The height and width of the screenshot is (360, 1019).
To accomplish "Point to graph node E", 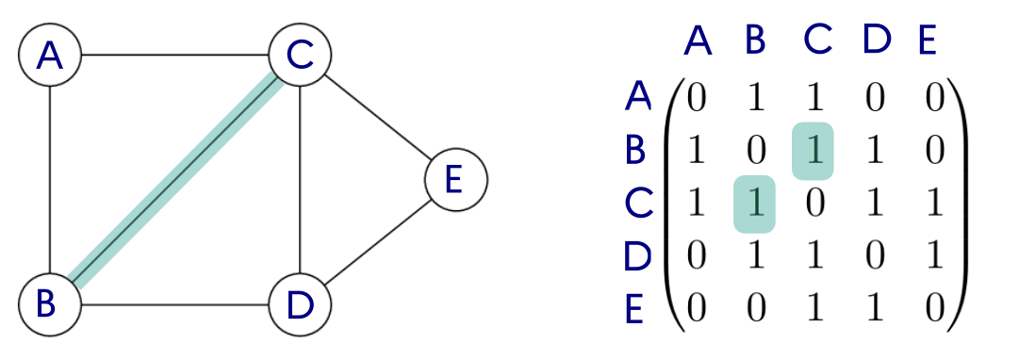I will pyautogui.click(x=456, y=180).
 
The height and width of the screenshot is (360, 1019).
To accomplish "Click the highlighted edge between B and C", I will pyautogui.click(x=174, y=179).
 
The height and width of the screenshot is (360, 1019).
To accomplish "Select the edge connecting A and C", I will pyautogui.click(x=174, y=55).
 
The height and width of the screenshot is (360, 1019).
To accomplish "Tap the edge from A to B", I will pyautogui.click(x=49, y=179).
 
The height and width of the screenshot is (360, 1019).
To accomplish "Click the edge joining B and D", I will pyautogui.click(x=174, y=304).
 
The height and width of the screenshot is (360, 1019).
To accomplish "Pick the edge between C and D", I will pyautogui.click(x=299, y=179).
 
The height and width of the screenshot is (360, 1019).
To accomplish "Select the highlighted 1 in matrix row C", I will pyautogui.click(x=754, y=204).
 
